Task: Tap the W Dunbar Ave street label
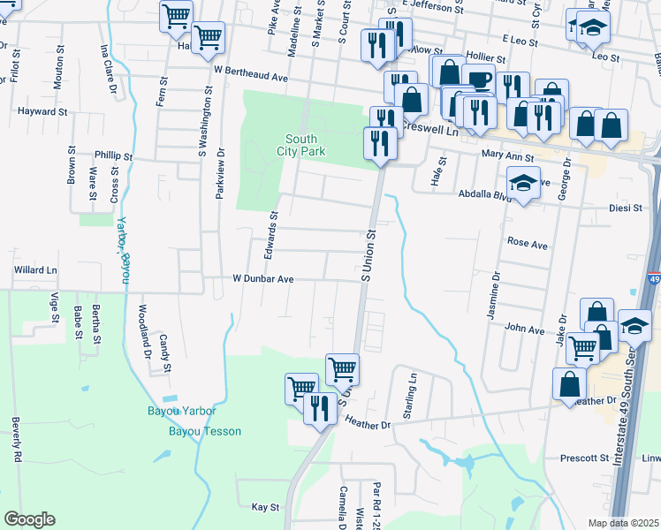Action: (x=262, y=277)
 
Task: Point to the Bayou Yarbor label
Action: (x=181, y=411)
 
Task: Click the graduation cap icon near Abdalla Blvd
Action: (x=524, y=185)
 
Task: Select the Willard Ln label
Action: (x=34, y=269)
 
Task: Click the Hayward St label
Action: (x=42, y=112)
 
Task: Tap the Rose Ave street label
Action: (x=528, y=241)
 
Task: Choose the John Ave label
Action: (x=524, y=328)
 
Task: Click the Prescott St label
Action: (x=585, y=458)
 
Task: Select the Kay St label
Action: (x=265, y=507)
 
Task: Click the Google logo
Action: (x=29, y=519)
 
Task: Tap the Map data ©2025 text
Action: (x=623, y=523)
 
